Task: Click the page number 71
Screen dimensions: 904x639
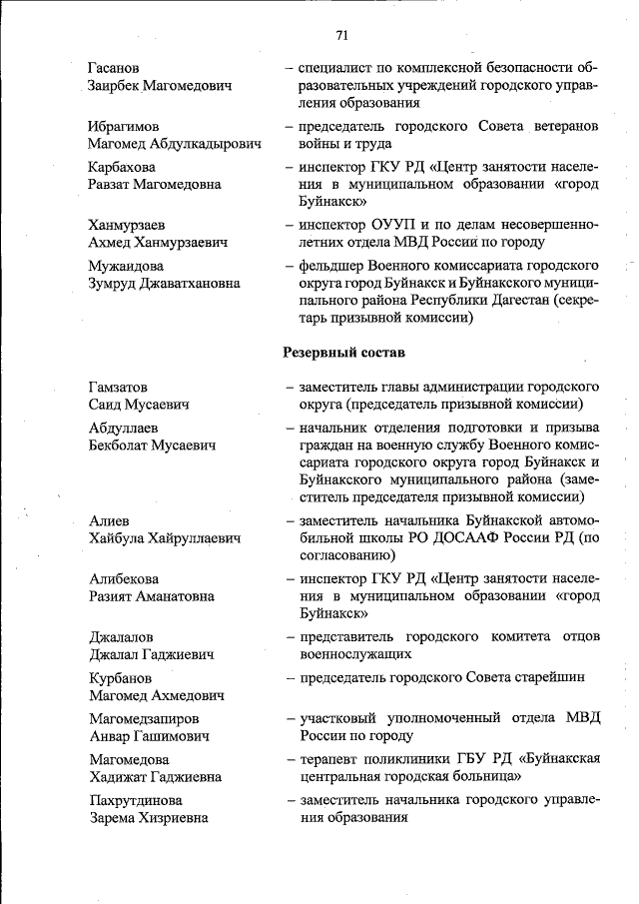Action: tap(342, 35)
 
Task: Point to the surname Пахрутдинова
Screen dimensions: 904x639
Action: tap(138, 801)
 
